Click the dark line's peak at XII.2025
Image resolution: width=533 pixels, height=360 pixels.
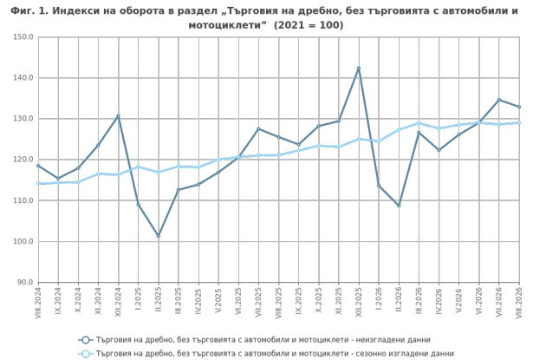point(359,68)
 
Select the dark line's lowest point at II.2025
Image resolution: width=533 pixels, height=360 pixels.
point(159,236)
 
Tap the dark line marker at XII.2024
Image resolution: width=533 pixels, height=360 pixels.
point(118,116)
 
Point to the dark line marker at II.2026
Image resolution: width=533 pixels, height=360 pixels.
point(399,206)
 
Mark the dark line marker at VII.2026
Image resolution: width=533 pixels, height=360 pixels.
point(499,100)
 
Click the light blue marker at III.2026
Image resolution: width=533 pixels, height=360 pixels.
point(419,123)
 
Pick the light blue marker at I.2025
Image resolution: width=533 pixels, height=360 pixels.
point(139,167)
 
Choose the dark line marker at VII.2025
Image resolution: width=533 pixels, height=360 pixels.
point(258,128)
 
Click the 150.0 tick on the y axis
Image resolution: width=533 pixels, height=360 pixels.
point(23,36)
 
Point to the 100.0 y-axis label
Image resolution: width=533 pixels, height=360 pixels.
point(23,241)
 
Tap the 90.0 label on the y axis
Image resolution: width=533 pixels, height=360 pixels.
point(25,282)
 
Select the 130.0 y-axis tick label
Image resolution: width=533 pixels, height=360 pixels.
point(23,119)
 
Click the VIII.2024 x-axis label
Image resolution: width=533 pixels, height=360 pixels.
point(38,303)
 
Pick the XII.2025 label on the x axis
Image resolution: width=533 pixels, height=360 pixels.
point(359,302)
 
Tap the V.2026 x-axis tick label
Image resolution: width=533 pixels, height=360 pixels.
point(458,300)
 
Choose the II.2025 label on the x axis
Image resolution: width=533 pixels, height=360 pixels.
point(159,300)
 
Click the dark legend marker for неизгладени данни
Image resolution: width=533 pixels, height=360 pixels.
point(86,340)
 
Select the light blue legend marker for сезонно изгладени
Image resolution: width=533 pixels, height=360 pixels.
point(86,354)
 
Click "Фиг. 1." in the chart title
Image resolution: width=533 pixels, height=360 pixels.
point(29,11)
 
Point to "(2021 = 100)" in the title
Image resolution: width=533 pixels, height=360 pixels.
point(309,25)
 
